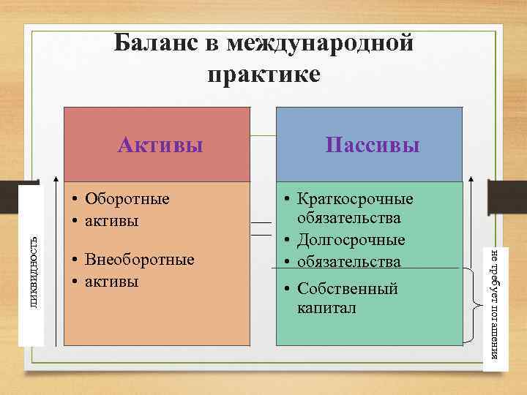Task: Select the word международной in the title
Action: [x=321, y=44]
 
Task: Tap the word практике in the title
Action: [x=263, y=75]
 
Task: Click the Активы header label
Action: [x=160, y=145]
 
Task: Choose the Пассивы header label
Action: [x=373, y=145]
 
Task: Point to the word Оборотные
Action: [x=127, y=199]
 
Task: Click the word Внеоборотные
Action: [x=140, y=260]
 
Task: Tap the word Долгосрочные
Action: [x=351, y=240]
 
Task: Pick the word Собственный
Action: [x=347, y=289]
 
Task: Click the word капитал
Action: [x=326, y=308]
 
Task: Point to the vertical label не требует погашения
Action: [x=496, y=304]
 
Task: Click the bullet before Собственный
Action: [x=288, y=290]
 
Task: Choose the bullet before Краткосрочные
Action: [x=288, y=200]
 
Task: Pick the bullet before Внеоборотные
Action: [x=76, y=261]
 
